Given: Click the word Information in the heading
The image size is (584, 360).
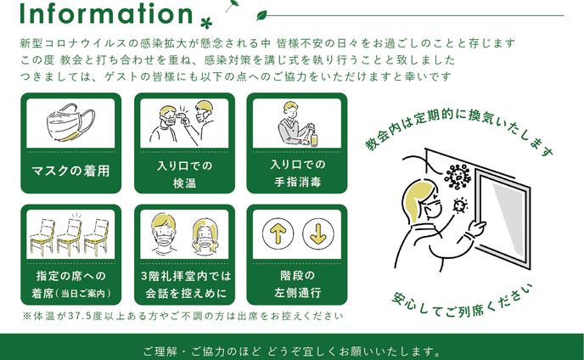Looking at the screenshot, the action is click(106, 14).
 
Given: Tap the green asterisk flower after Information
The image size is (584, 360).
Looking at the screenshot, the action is click(206, 23).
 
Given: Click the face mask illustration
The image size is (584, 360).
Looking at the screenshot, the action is click(70, 122).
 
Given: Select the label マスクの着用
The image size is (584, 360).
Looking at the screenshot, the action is click(70, 171).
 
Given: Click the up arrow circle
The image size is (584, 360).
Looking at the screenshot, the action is click(278, 234).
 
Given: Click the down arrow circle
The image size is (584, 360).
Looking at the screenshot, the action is click(318, 234).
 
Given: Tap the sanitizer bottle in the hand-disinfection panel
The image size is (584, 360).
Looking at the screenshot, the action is click(313, 137).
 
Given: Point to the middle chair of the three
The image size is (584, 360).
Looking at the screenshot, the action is click(70, 235).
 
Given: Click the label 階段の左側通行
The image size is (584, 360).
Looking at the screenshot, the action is click(297, 284).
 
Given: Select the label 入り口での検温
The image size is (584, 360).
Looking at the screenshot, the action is click(184, 174).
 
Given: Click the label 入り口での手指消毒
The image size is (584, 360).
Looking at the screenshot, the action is click(297, 173).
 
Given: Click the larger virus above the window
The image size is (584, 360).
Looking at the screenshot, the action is click(458, 176).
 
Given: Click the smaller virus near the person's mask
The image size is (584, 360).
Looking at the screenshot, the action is click(460, 205).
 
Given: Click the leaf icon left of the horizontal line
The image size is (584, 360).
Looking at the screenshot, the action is click(261, 15).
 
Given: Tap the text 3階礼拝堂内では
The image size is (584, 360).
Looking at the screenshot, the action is click(186, 276).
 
